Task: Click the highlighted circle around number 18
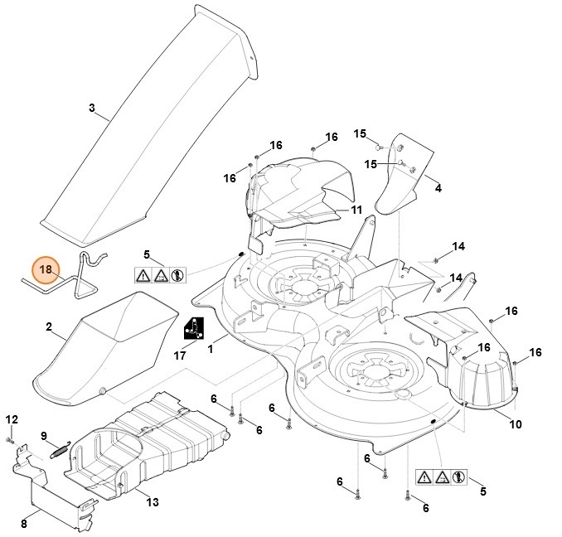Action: pos(46,270)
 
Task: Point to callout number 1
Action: pos(211,350)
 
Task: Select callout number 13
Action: pos(152,501)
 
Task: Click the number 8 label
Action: pos(24,523)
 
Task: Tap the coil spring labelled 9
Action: pos(56,451)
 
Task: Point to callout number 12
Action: pos(11,419)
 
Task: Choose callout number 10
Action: pos(515,425)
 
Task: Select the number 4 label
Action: pos(438,188)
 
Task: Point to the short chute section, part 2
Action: pos(108,348)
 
